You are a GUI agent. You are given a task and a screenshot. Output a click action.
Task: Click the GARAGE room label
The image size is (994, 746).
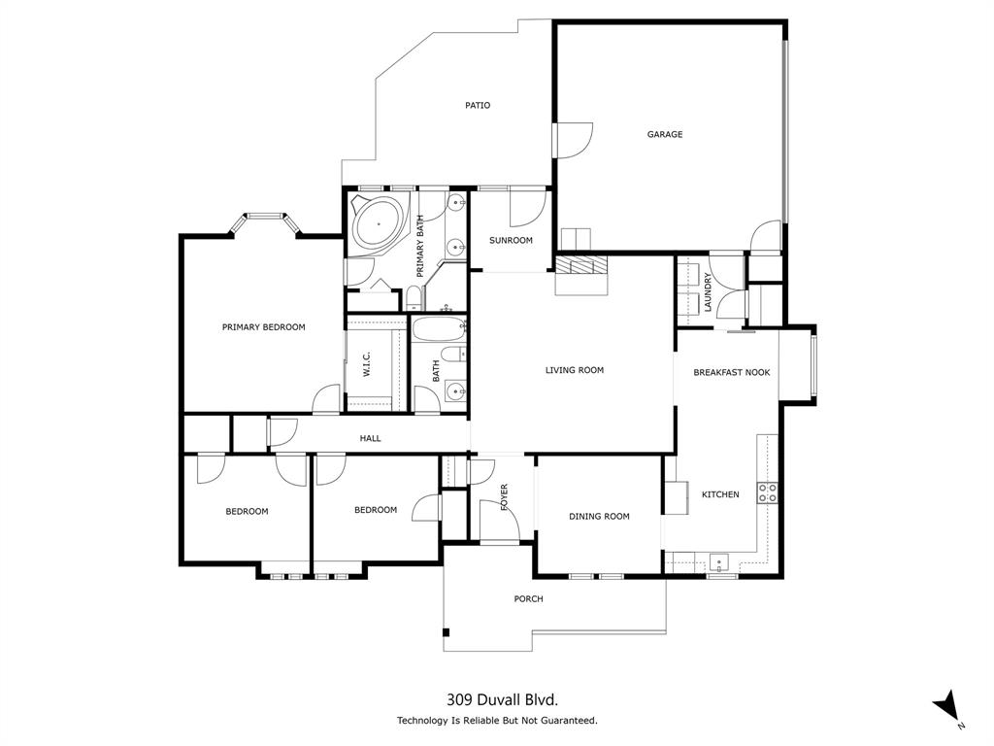click(x=665, y=135)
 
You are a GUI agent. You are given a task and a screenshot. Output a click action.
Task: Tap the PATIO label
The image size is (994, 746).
click(x=477, y=105)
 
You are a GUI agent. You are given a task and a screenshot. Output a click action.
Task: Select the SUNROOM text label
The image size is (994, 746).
click(x=511, y=241)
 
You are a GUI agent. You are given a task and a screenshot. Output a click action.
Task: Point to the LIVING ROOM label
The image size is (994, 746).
click(x=575, y=370)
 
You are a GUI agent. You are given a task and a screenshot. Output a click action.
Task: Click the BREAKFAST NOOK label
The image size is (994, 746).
click(x=732, y=372)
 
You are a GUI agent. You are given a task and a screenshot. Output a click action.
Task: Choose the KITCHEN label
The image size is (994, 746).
click(x=720, y=494)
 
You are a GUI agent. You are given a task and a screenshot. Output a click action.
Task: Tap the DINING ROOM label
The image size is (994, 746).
click(x=599, y=517)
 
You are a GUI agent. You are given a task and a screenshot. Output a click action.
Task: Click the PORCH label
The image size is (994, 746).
click(x=528, y=599)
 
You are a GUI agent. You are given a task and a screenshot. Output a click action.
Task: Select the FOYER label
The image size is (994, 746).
click(x=505, y=496)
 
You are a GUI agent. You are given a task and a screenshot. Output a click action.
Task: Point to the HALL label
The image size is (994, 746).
click(x=371, y=439)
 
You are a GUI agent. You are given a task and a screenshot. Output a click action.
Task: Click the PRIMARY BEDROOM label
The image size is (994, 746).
click(x=263, y=327)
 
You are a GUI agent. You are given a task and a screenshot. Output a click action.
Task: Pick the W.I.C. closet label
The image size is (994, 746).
click(x=369, y=365)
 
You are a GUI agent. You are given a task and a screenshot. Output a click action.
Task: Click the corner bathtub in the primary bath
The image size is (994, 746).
click(x=378, y=224)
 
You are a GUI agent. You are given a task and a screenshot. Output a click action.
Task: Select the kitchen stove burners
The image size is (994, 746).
click(x=768, y=492)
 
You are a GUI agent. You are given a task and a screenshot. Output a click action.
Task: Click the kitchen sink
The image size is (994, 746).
click(x=718, y=560)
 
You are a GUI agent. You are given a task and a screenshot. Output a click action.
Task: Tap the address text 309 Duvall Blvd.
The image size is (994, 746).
click(x=502, y=698)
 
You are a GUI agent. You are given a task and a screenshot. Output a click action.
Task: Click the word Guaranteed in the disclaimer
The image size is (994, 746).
click(x=567, y=721)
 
